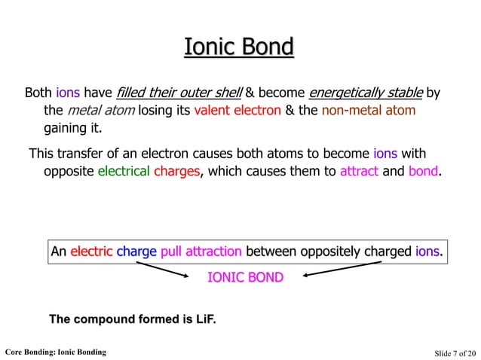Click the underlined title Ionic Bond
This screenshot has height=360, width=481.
pyautogui.click(x=239, y=47)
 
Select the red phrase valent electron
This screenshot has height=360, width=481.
pyautogui.click(x=238, y=111)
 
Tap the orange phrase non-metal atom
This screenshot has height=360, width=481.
pyautogui.click(x=368, y=111)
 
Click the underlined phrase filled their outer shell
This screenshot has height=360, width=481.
pyautogui.click(x=179, y=94)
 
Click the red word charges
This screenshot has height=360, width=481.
pyautogui.click(x=177, y=171)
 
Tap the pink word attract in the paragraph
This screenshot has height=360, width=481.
pyautogui.click(x=359, y=171)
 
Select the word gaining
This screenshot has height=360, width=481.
pyautogui.click(x=66, y=128)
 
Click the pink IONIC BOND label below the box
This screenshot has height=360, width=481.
pyautogui.click(x=245, y=278)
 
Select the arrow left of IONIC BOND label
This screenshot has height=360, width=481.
pyautogui.click(x=162, y=269)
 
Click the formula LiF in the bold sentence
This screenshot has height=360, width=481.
pyautogui.click(x=202, y=320)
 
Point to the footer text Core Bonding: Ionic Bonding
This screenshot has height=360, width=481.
pyautogui.click(x=55, y=352)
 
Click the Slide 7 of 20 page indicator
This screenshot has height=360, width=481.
pyautogui.click(x=455, y=352)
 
